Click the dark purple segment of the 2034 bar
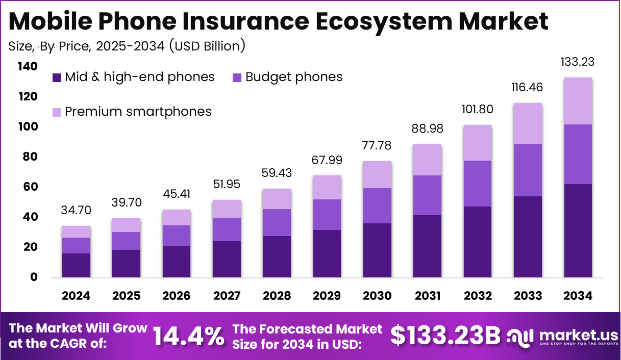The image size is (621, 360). (x=578, y=230)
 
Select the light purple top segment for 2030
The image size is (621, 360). (x=378, y=175)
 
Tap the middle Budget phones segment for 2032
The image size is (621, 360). (x=478, y=184)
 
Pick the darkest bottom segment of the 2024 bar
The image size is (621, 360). (x=77, y=265)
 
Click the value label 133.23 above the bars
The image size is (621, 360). (x=578, y=62)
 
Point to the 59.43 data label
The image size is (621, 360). (x=277, y=173)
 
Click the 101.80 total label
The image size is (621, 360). (x=478, y=110)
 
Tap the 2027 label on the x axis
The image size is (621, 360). (x=227, y=296)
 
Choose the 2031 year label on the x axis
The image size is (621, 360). (x=428, y=296)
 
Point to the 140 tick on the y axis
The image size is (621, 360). (x=27, y=67)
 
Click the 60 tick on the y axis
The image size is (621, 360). (x=30, y=187)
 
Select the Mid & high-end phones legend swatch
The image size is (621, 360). (x=57, y=78)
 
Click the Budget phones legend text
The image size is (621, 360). (x=294, y=78)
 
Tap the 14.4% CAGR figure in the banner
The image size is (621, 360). (x=189, y=336)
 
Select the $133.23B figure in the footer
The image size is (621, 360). (x=445, y=336)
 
